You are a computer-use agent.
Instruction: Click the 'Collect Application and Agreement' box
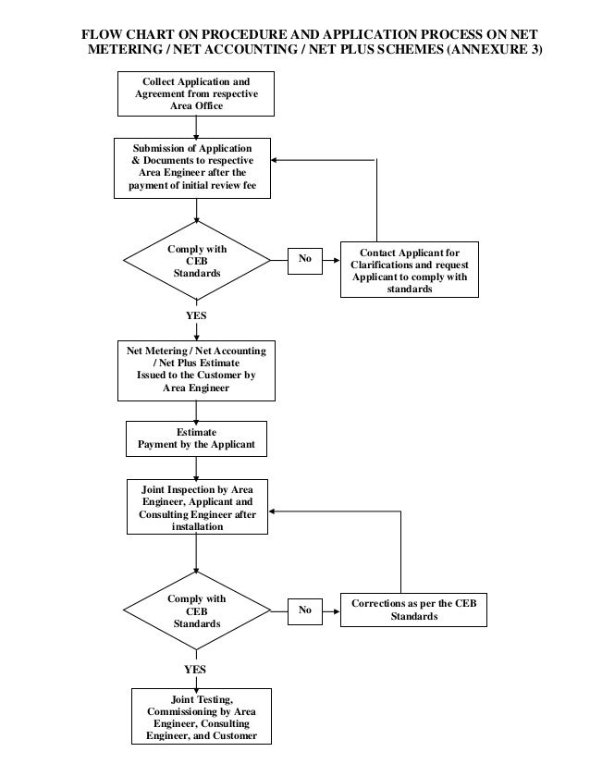click(196, 94)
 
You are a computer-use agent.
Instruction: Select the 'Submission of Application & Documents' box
click(192, 168)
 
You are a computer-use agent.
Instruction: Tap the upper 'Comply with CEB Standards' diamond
click(197, 260)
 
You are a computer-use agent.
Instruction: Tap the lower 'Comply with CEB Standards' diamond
click(197, 610)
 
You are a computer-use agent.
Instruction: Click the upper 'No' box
click(305, 261)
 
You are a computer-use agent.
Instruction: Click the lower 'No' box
click(305, 611)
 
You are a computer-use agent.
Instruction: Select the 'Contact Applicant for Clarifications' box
click(410, 269)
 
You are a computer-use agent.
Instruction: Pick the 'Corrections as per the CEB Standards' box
click(413, 610)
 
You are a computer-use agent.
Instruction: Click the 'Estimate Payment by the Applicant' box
click(196, 438)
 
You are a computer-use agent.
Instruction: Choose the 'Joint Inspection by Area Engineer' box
click(197, 507)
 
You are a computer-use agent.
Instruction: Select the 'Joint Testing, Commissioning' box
click(202, 716)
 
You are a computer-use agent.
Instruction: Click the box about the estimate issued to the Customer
click(196, 371)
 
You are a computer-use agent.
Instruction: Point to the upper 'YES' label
click(196, 315)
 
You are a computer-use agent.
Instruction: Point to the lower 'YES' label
click(195, 670)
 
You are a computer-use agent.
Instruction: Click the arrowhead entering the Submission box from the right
click(275, 160)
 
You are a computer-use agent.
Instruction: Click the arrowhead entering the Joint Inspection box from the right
click(272, 511)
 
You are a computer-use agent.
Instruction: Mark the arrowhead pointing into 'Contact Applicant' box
click(337, 260)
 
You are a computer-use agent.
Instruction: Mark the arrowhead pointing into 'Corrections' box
click(337, 611)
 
